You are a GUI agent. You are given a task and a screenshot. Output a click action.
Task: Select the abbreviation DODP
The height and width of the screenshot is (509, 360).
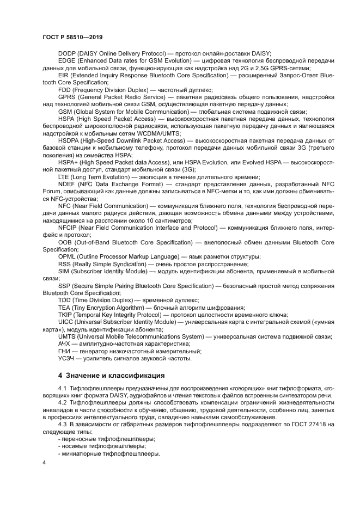(x=68, y=53)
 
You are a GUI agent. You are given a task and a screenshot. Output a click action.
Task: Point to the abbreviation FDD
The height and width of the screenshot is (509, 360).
(x=65, y=89)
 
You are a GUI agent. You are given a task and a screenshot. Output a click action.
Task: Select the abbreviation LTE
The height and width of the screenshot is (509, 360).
(x=64, y=177)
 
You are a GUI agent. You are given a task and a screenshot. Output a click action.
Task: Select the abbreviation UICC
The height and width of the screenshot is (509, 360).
(x=66, y=322)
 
